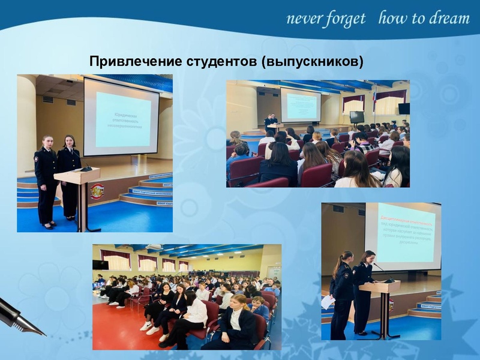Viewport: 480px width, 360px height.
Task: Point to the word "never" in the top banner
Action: point(304,19)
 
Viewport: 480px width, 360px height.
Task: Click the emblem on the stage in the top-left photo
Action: point(97,192)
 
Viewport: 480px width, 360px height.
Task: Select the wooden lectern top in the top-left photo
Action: point(77,175)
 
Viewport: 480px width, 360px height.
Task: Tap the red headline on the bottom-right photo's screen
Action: point(405,220)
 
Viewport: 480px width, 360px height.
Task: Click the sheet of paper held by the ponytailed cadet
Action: point(328,302)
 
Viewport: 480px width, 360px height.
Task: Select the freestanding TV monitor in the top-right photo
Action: point(356,116)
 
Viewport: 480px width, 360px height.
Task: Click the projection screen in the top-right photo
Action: point(301,106)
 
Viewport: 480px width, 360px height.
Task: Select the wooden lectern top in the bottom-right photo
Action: point(379,286)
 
